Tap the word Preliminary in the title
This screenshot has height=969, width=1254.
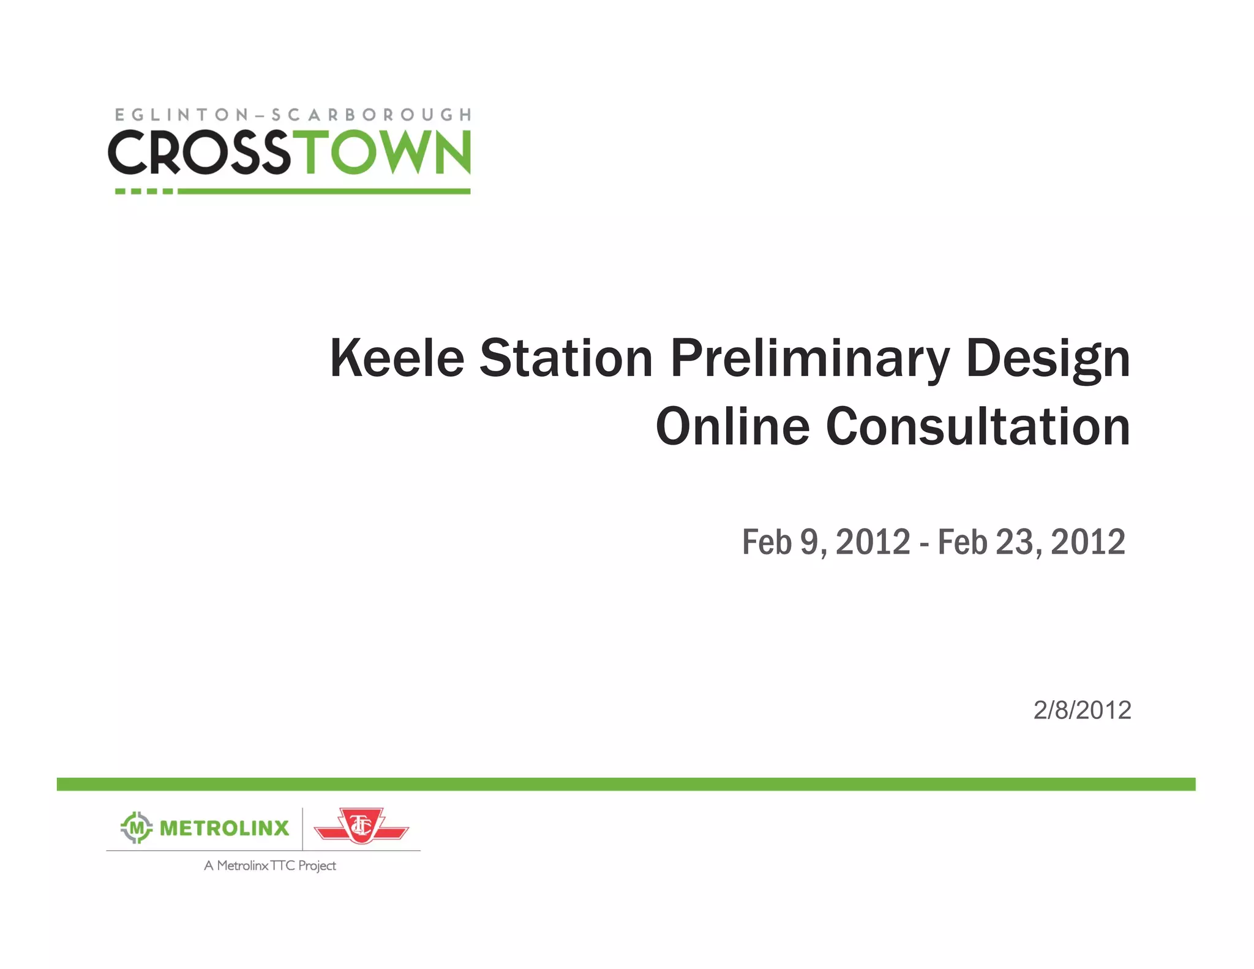click(x=809, y=359)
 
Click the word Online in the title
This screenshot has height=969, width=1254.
click(x=732, y=426)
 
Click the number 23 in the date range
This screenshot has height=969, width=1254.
click(x=1013, y=542)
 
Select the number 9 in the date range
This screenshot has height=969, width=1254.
click(x=809, y=542)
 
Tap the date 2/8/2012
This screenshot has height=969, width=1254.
click(x=1082, y=710)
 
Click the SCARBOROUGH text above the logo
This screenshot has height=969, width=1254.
click(x=371, y=115)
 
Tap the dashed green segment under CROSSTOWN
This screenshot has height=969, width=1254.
click(x=144, y=191)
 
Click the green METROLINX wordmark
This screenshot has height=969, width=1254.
click(x=224, y=828)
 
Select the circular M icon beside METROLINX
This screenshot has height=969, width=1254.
click(x=136, y=828)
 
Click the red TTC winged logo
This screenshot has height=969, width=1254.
click(x=361, y=826)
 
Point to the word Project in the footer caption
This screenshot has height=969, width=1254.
click(x=317, y=865)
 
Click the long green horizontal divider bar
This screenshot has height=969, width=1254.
click(x=626, y=784)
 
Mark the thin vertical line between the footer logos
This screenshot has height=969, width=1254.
click(x=302, y=828)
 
